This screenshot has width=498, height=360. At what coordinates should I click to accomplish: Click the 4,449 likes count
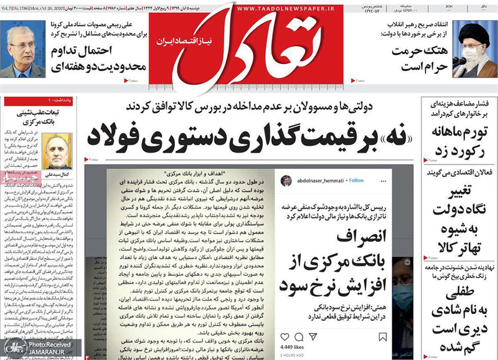coord(287,347)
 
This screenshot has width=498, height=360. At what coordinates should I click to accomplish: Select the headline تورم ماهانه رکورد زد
coord(457,141)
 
